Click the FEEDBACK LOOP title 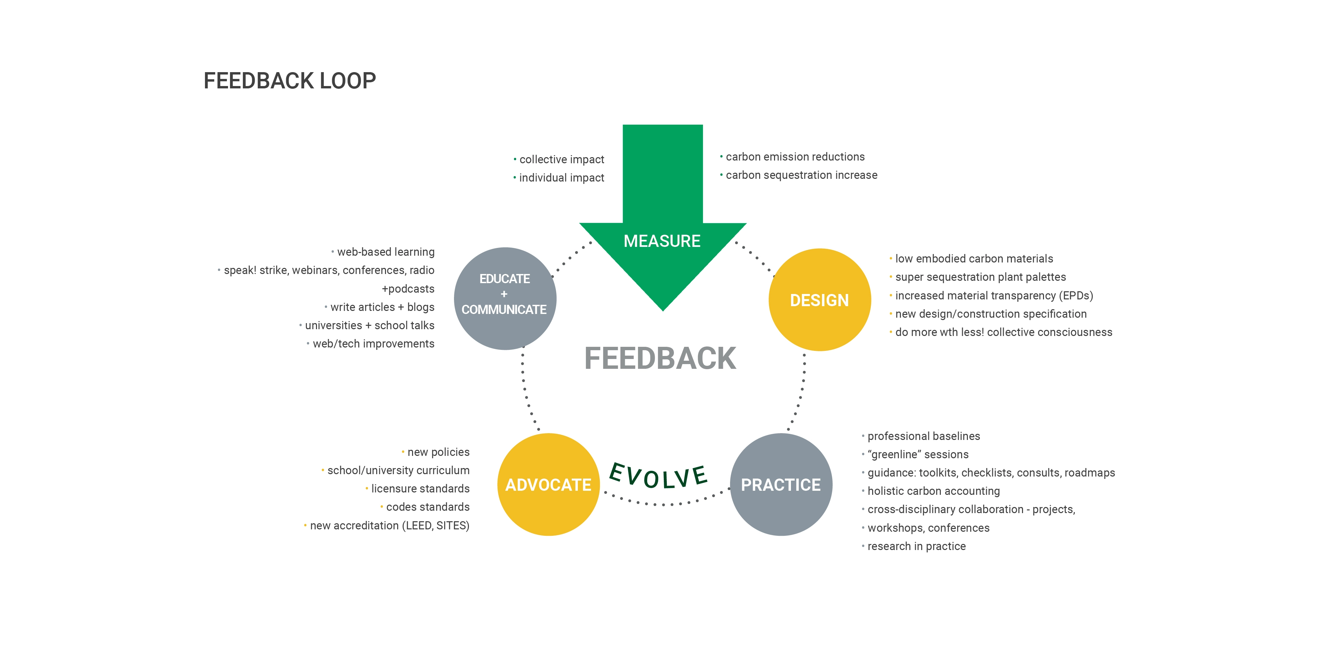click(290, 81)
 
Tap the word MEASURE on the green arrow click(662, 241)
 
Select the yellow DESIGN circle click(819, 300)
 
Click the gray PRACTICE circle click(781, 484)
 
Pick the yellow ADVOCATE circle click(548, 484)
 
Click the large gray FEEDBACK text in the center click(660, 358)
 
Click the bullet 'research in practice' click(916, 546)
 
